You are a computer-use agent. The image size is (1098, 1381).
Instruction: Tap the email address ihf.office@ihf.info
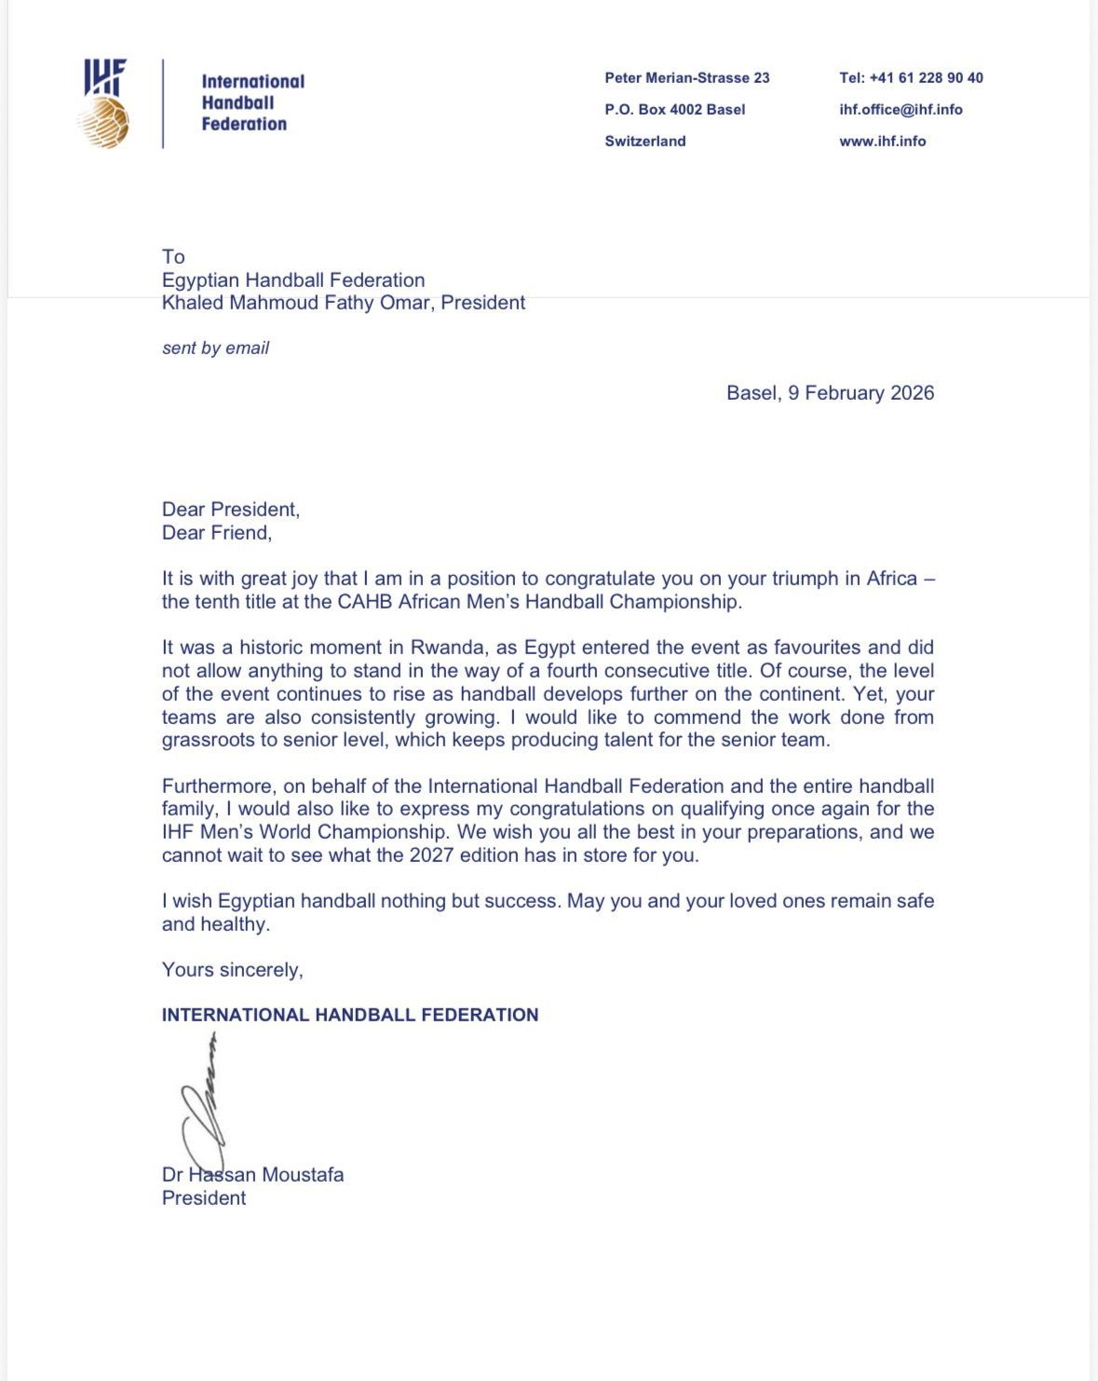[x=901, y=109]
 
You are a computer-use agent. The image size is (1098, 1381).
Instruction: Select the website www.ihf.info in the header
[x=882, y=141]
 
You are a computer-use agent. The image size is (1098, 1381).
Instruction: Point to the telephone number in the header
[x=911, y=77]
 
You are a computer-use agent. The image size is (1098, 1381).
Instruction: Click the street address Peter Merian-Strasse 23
[x=686, y=77]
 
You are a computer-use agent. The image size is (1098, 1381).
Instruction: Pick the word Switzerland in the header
[x=644, y=141]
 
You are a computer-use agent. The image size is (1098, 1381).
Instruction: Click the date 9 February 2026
[x=861, y=392]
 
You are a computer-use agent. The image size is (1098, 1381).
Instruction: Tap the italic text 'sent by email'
[x=215, y=348]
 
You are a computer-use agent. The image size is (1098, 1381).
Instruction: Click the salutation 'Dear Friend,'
[x=217, y=533]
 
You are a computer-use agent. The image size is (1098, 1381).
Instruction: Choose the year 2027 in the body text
[x=431, y=855]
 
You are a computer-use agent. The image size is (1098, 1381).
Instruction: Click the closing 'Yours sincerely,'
[x=232, y=970]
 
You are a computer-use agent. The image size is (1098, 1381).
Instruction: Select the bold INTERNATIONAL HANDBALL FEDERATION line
[x=350, y=1015]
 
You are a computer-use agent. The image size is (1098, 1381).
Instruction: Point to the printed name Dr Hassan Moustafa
[x=252, y=1175]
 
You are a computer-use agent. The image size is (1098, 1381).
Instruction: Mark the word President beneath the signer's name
[x=204, y=1198]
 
